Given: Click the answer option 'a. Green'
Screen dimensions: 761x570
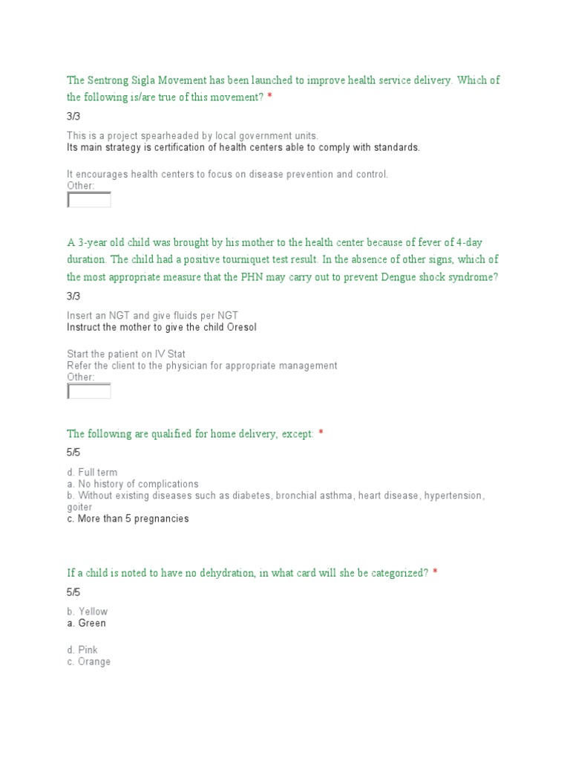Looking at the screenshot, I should click(x=86, y=624).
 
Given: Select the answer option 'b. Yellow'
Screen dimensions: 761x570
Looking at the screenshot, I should click(x=87, y=612).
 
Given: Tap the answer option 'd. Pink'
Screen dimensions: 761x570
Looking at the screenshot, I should click(x=82, y=650).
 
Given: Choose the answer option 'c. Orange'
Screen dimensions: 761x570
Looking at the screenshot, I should click(x=88, y=662).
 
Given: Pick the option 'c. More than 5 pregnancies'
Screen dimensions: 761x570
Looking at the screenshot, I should click(x=128, y=519).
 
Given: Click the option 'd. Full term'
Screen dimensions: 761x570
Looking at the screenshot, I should click(x=92, y=473).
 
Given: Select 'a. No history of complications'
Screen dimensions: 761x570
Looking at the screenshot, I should click(x=133, y=484).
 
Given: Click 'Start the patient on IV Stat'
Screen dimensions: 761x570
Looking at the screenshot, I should click(x=126, y=354).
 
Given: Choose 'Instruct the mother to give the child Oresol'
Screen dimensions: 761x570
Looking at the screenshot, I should click(x=162, y=328).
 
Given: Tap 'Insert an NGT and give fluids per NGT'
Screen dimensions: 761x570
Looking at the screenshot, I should click(x=153, y=316).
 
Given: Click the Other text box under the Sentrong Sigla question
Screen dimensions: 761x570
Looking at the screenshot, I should click(x=89, y=200).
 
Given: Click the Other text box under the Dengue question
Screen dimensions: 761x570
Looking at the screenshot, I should click(x=89, y=391).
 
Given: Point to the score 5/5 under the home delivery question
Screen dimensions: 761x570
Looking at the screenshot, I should click(x=73, y=452).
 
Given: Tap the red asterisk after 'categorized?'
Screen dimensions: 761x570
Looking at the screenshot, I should click(x=435, y=573).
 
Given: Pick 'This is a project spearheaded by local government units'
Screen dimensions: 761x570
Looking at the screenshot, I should click(x=192, y=136).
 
